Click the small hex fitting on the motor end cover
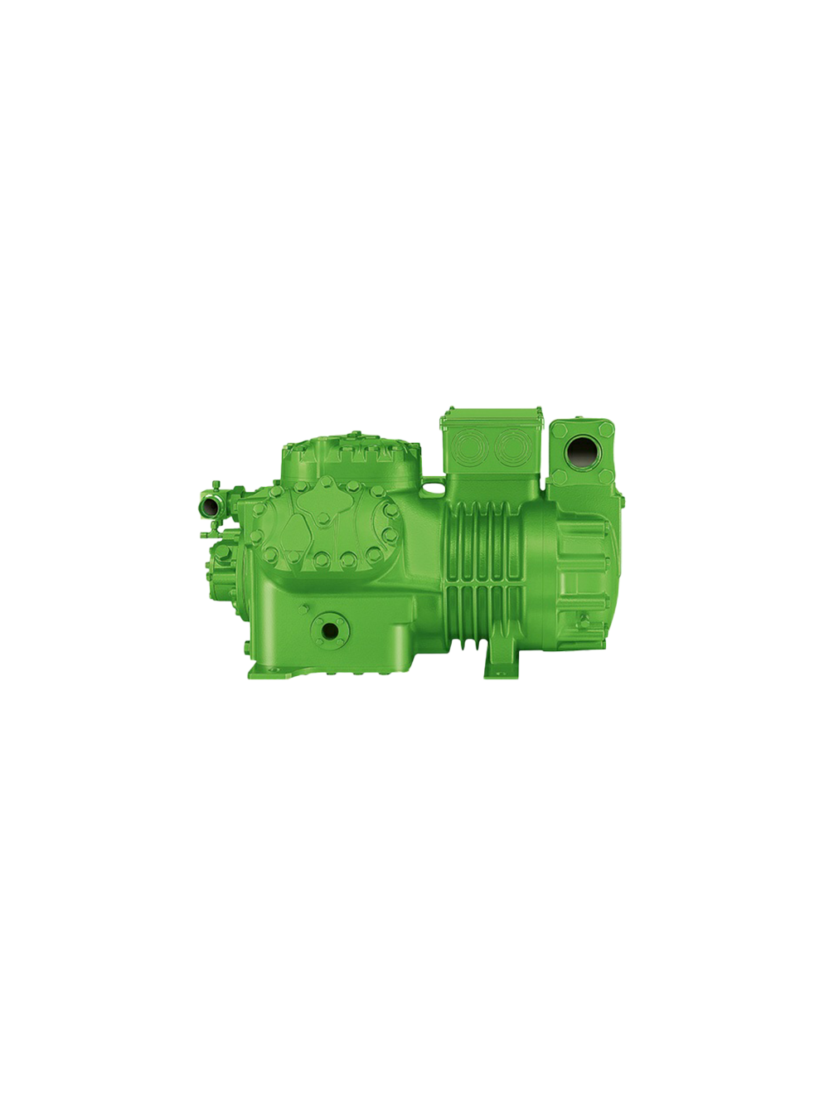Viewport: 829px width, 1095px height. coord(585,617)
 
